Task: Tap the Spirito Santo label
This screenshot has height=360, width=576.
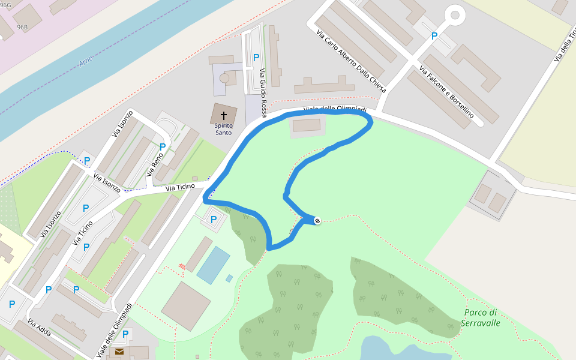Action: (x=223, y=129)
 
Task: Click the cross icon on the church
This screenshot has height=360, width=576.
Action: (x=223, y=115)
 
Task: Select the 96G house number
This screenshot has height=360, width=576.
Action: (x=5, y=4)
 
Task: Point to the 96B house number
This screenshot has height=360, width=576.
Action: (x=22, y=28)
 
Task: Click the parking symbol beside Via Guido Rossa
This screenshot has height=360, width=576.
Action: (x=256, y=58)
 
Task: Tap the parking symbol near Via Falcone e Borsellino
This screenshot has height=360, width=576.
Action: (x=434, y=36)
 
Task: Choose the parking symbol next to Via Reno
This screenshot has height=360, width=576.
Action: (x=162, y=146)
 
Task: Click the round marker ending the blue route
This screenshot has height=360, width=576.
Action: (x=317, y=221)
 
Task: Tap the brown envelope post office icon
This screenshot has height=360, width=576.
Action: (x=119, y=352)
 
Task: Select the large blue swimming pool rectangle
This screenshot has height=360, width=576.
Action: (x=213, y=265)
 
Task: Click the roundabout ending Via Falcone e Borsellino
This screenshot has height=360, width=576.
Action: (x=454, y=14)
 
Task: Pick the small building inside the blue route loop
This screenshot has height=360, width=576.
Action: (x=307, y=125)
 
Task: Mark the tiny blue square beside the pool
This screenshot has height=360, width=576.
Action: (x=229, y=278)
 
